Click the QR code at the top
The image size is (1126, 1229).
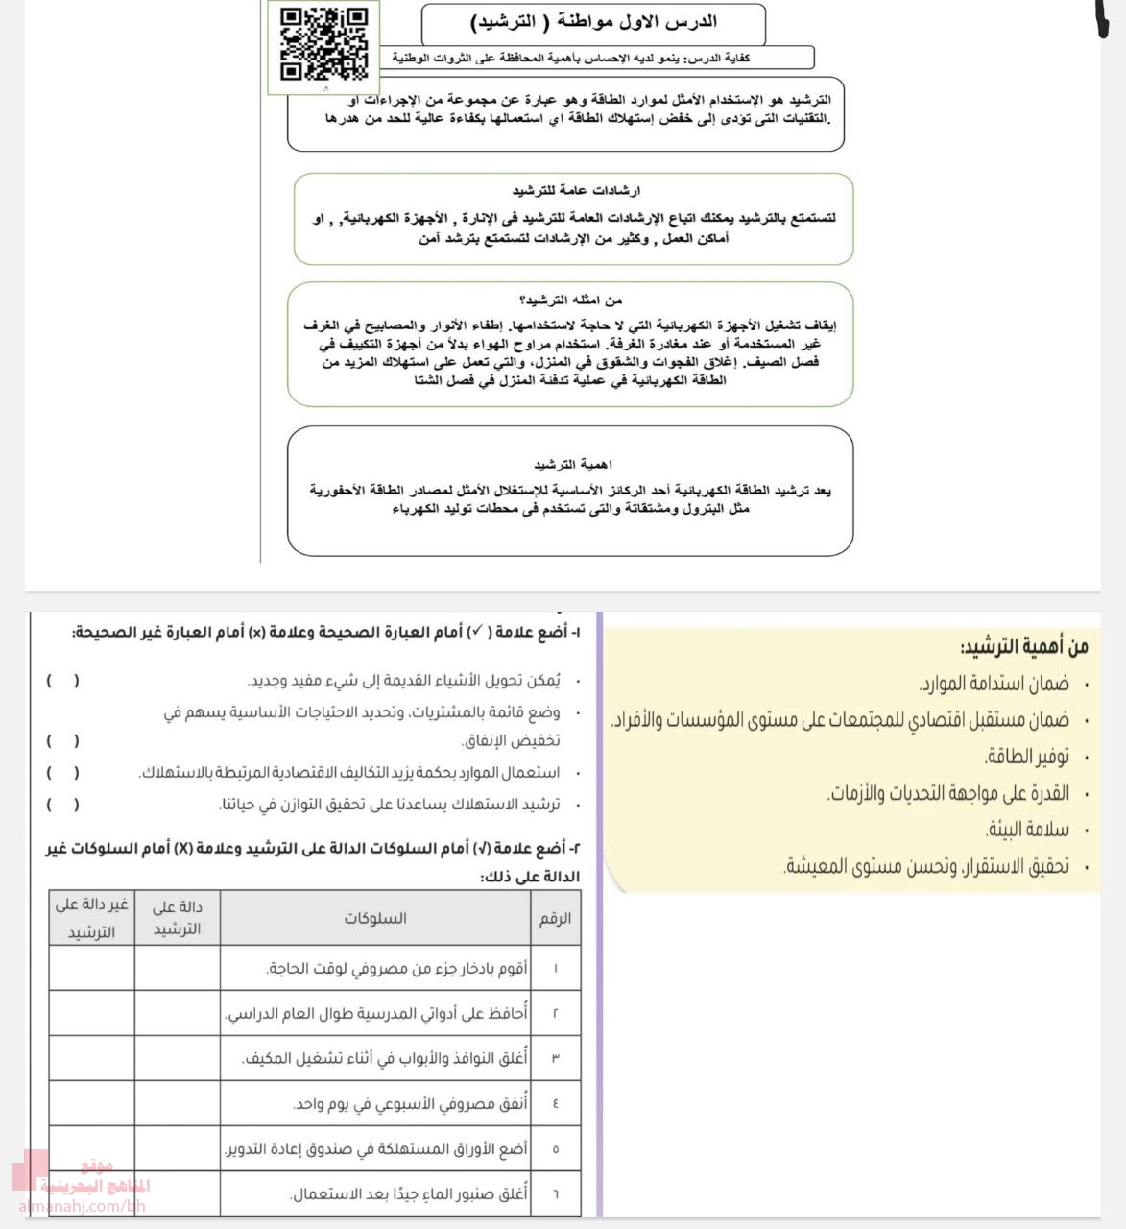tap(323, 46)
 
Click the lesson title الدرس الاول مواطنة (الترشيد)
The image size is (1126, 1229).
tap(594, 22)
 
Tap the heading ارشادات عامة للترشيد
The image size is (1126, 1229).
tap(576, 191)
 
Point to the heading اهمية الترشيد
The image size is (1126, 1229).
tap(573, 465)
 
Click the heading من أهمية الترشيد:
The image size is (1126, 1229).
tap(1023, 646)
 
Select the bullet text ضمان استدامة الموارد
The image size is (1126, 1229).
tap(994, 685)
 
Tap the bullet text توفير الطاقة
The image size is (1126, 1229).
tap(1026, 758)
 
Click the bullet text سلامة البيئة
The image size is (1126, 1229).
tap(1026, 830)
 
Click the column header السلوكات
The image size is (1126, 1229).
tap(375, 918)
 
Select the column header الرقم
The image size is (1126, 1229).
tap(555, 918)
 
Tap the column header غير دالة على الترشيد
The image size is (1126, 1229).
tap(91, 918)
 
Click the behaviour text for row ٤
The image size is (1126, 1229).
tap(410, 1104)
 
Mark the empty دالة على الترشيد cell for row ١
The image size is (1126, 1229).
tap(178, 968)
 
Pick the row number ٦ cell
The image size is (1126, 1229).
tap(556, 1194)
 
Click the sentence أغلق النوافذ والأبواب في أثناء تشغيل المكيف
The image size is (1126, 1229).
tap(385, 1058)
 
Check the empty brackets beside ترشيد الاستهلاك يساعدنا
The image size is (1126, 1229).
tap(63, 805)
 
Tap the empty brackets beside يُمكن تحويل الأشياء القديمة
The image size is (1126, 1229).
tap(63, 681)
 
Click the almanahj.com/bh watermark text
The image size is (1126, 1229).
tap(81, 1206)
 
